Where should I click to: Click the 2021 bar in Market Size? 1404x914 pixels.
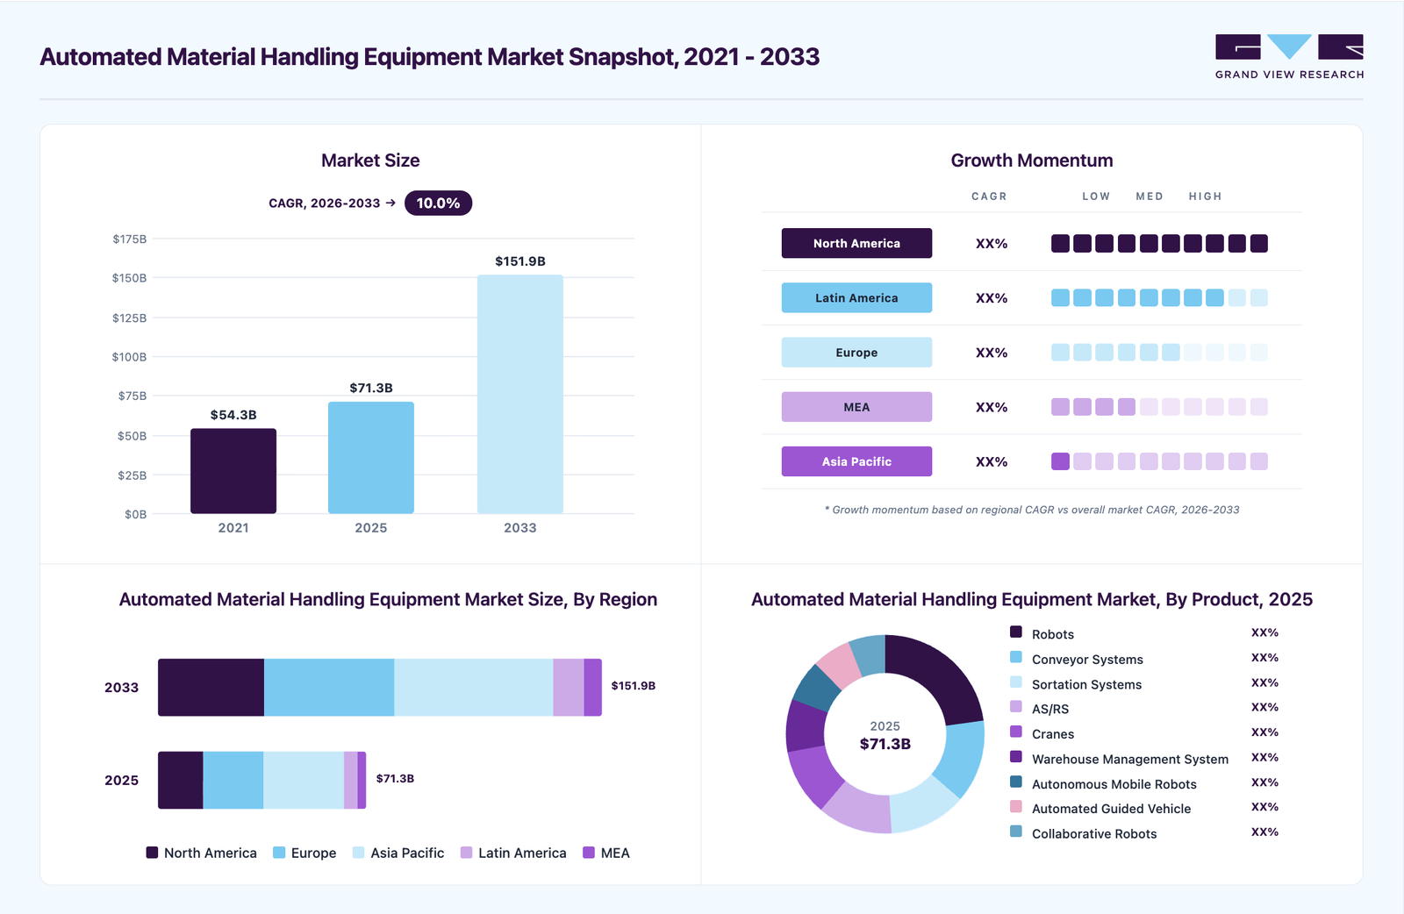click(x=233, y=470)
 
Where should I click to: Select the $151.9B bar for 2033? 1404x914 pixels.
click(x=520, y=394)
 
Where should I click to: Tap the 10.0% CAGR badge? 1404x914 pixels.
click(x=438, y=203)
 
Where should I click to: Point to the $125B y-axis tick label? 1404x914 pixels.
click(x=129, y=318)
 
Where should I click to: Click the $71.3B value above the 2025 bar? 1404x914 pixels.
click(x=371, y=388)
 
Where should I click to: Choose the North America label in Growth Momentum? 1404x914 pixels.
click(x=856, y=243)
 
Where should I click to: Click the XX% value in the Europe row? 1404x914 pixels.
click(x=992, y=353)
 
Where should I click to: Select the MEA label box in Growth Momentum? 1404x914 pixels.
click(x=856, y=407)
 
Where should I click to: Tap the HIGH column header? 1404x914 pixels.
click(x=1206, y=196)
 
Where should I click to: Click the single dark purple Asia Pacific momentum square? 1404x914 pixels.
click(x=1060, y=461)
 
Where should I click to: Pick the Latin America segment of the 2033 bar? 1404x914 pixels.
click(x=569, y=687)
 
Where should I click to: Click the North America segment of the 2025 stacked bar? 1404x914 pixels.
click(x=181, y=780)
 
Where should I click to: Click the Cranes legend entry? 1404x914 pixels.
click(x=1042, y=733)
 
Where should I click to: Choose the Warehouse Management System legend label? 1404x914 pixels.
click(x=1130, y=759)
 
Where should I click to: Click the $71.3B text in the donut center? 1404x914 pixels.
click(x=885, y=744)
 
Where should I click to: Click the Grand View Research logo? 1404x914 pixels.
click(x=1289, y=56)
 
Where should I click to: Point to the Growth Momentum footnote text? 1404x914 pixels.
click(x=1032, y=510)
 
